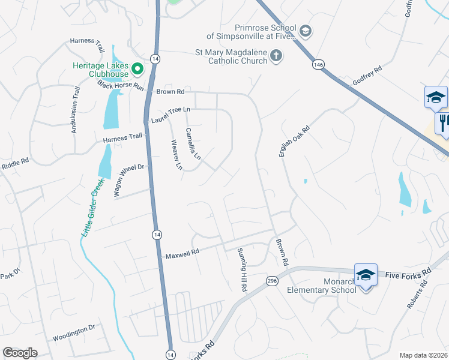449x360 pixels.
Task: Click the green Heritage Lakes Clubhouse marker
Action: (x=137, y=69)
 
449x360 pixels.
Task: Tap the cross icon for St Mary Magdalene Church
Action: (x=276, y=56)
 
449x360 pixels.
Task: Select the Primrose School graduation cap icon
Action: (x=305, y=31)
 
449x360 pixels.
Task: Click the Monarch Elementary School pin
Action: (x=366, y=275)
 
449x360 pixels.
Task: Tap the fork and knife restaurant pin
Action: (x=443, y=124)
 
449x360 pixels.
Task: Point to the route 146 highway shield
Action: (x=317, y=64)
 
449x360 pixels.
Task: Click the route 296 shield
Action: (x=272, y=280)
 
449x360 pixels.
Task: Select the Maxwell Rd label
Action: (x=182, y=254)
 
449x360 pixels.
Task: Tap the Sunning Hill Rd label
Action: (x=242, y=269)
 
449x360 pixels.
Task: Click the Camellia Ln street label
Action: (x=193, y=144)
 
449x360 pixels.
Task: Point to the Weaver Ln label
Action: (x=176, y=155)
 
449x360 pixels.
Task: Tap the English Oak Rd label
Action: (x=294, y=141)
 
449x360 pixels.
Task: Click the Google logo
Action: (x=20, y=353)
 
